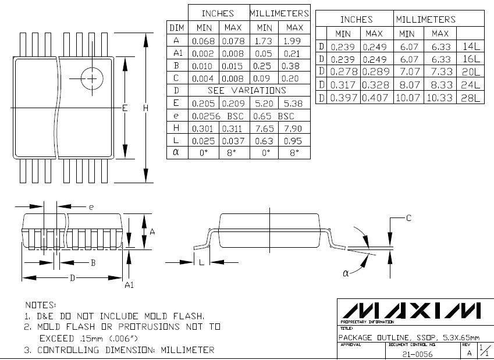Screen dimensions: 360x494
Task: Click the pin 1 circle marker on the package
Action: coord(91,78)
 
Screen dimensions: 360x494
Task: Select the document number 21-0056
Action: coord(417,354)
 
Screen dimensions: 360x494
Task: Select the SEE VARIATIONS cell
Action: coord(247,90)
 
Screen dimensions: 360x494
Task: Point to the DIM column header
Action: coord(177,27)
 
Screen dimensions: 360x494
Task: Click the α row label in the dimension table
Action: coord(176,152)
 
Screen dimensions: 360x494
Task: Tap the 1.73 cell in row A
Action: coord(264,41)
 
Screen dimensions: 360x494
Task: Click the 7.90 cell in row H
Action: coord(294,128)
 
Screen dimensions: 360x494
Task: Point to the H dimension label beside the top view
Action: coord(145,108)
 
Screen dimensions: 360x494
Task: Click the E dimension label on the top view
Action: coord(125,108)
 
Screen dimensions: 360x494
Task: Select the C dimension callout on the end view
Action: coord(408,218)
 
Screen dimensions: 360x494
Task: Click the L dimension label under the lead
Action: coord(201,262)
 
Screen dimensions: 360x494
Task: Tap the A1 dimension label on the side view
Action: coord(130,284)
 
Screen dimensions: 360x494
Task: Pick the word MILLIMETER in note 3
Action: coord(185,350)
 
